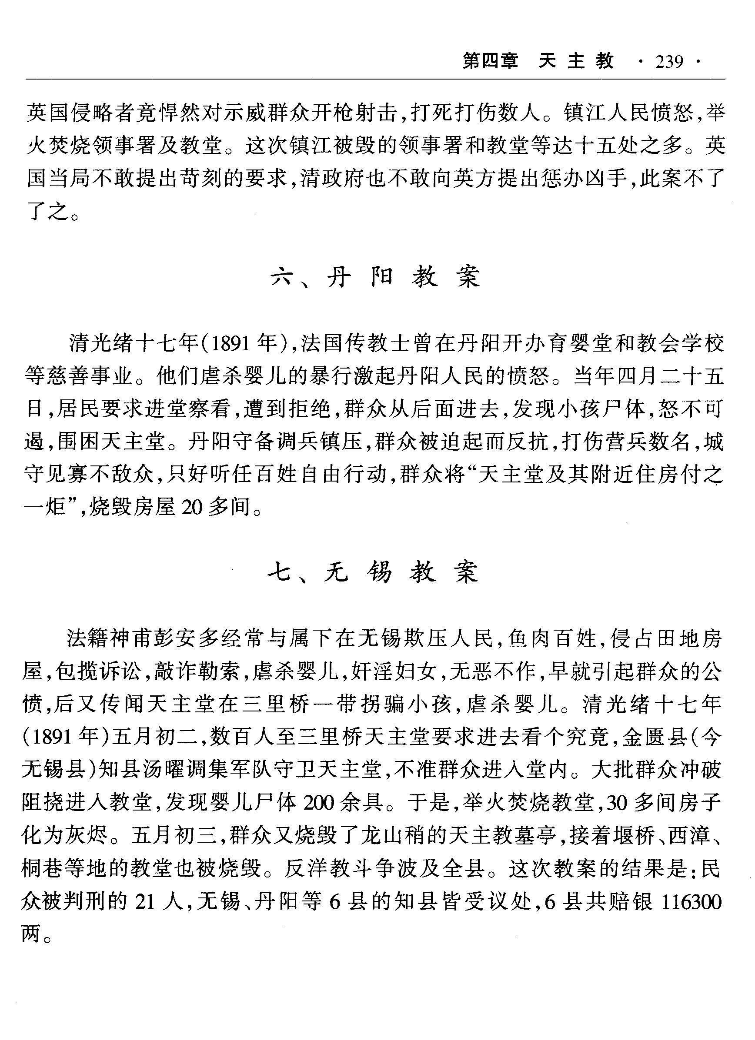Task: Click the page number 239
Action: pyautogui.click(x=670, y=61)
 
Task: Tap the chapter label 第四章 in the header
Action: pyautogui.click(x=490, y=61)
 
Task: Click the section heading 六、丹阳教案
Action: pyautogui.click(x=375, y=277)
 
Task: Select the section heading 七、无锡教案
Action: pyautogui.click(x=374, y=573)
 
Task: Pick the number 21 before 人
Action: pyautogui.click(x=146, y=902)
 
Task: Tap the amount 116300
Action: pyautogui.click(x=692, y=902)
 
